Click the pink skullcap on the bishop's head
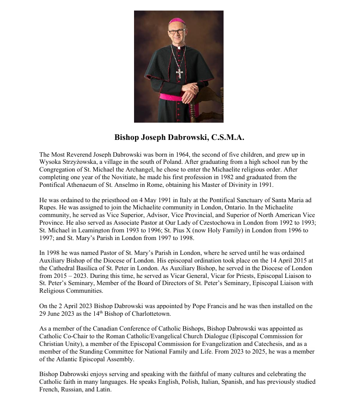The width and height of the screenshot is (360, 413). click(x=176, y=21)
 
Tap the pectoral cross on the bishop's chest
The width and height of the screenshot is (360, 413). click(x=179, y=73)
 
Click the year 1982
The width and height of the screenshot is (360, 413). click(x=215, y=178)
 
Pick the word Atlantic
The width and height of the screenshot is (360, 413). click(x=68, y=359)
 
